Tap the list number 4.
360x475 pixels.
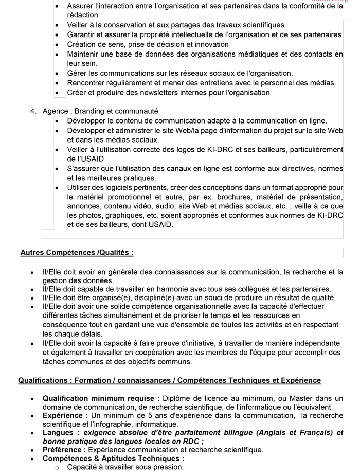coord(34,111)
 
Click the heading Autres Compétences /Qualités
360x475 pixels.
coord(77,253)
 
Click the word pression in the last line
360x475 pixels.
coord(166,467)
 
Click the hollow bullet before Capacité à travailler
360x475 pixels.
coord(58,467)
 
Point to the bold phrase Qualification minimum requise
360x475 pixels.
coord(98,398)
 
